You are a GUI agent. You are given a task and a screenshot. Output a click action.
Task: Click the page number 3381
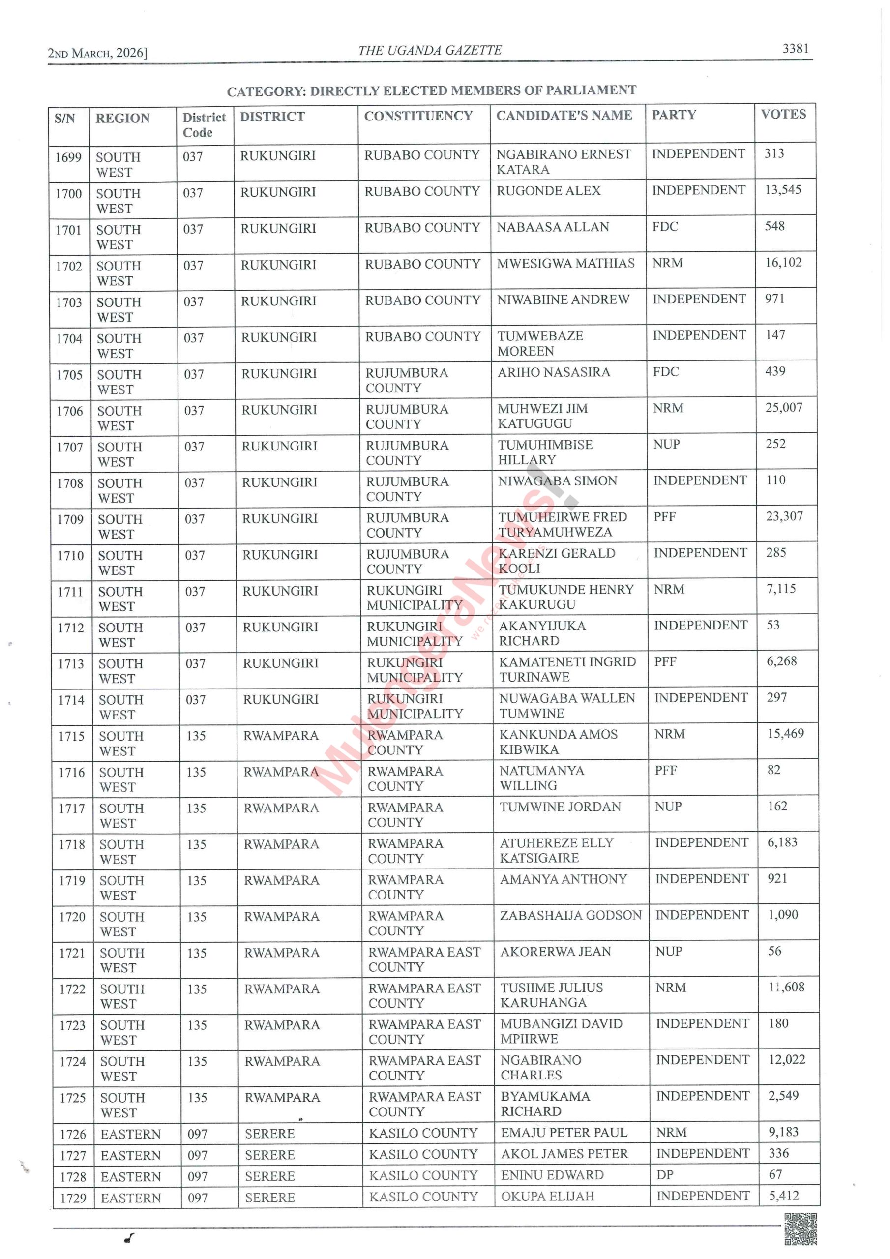tap(795, 48)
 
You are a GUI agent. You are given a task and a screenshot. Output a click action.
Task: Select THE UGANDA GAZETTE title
tap(430, 51)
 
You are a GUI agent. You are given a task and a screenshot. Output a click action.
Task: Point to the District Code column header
tap(204, 124)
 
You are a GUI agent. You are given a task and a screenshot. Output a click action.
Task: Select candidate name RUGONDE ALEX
tap(548, 190)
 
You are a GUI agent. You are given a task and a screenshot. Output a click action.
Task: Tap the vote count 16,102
tap(783, 262)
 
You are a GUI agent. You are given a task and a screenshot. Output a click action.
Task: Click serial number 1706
tap(70, 411)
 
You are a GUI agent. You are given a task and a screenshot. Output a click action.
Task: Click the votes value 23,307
tap(784, 516)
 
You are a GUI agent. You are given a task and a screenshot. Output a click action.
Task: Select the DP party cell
tap(665, 1174)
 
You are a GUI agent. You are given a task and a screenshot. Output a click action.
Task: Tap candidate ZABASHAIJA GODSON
tap(570, 915)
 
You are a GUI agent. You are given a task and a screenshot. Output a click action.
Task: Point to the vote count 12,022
tap(786, 1059)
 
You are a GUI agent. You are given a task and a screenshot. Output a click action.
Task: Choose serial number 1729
tap(73, 1198)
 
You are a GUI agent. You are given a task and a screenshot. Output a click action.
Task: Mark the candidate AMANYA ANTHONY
tap(563, 879)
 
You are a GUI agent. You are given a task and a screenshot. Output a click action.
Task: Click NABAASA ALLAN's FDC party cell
tap(665, 226)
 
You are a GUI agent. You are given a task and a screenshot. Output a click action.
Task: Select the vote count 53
tap(772, 625)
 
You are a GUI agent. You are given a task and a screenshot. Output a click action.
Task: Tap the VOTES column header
tap(783, 114)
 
